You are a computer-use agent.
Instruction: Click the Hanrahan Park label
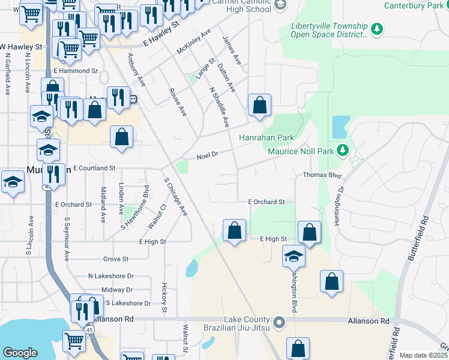pyautogui.click(x=267, y=137)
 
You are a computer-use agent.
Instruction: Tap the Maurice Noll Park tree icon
pyautogui.click(x=343, y=149)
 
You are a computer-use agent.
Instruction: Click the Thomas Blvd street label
pyautogui.click(x=322, y=175)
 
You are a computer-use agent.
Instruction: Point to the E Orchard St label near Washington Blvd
pyautogui.click(x=266, y=202)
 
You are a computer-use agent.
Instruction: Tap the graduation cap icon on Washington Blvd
pyautogui.click(x=294, y=256)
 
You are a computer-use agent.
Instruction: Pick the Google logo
pyautogui.click(x=20, y=353)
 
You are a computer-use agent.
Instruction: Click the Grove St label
pyautogui.click(x=116, y=259)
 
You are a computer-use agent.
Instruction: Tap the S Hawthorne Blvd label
pyautogui.click(x=135, y=207)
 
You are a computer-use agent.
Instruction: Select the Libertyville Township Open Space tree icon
pyautogui.click(x=377, y=29)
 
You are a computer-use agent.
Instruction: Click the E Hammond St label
pyautogui.click(x=75, y=71)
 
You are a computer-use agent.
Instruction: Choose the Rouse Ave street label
pyautogui.click(x=178, y=101)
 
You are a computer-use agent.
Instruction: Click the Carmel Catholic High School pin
pyautogui.click(x=279, y=5)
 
